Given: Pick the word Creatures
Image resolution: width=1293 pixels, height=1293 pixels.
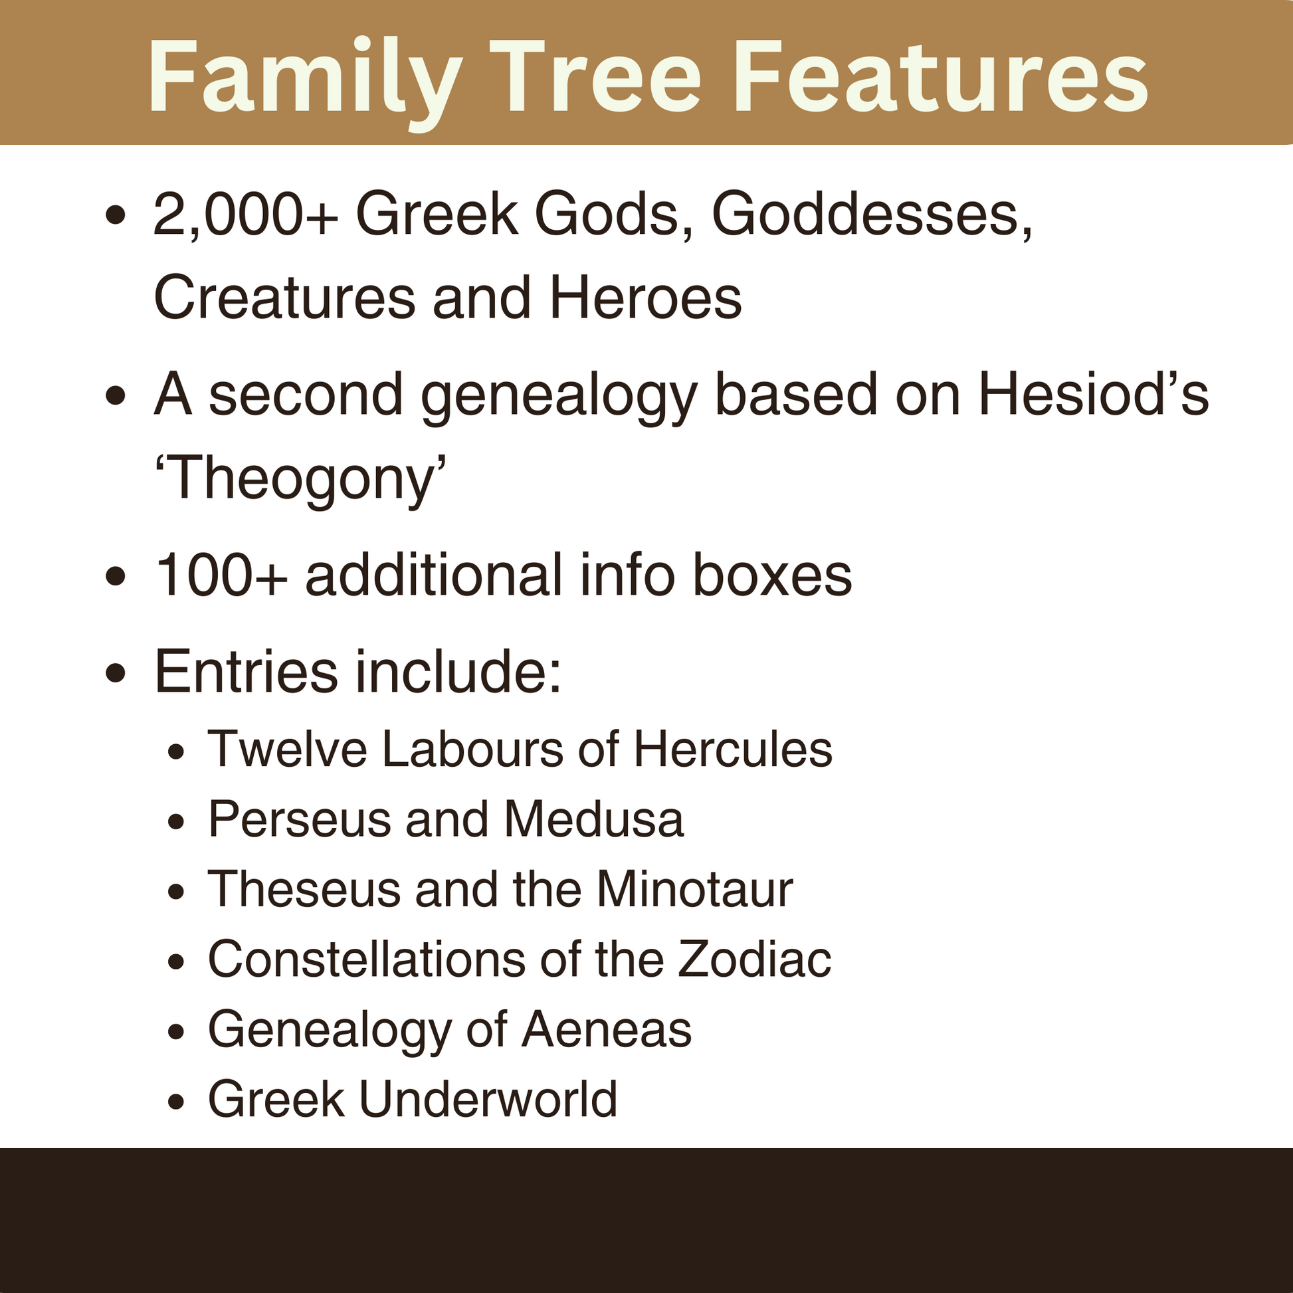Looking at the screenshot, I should pos(284,298).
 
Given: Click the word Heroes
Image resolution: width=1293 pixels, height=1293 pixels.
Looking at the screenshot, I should pos(645,298).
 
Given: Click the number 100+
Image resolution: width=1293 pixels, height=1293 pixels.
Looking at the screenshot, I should pos(221,575).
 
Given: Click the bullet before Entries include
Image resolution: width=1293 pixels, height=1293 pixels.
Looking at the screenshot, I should pos(116,672).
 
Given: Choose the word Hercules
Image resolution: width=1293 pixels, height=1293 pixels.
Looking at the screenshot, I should pos(733,749).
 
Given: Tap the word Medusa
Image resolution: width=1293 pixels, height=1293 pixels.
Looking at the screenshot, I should pos(593,819).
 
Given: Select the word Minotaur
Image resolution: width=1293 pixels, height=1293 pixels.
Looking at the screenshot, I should pos(694,890).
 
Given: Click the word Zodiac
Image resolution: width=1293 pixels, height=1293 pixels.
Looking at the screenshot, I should pos(754,959).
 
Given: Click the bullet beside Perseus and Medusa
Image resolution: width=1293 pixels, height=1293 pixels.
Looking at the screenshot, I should pos(176,821).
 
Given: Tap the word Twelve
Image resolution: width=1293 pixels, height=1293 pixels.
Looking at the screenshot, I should pos(287,749).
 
